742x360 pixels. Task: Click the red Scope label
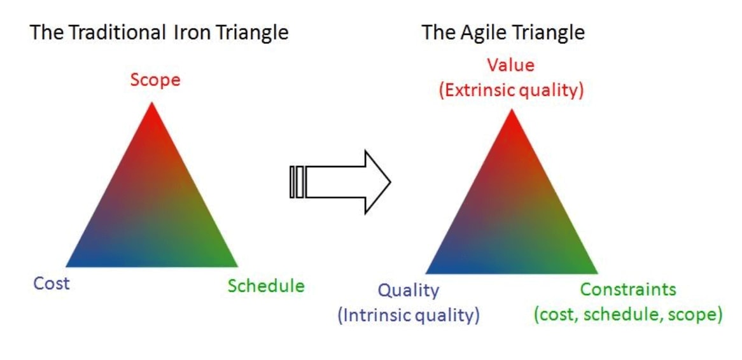tap(155, 80)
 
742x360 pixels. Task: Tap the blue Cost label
tap(51, 284)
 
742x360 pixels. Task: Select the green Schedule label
tap(266, 286)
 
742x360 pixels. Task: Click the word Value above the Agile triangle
tap(511, 65)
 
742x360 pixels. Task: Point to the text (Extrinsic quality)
tap(511, 90)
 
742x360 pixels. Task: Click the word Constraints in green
tap(628, 289)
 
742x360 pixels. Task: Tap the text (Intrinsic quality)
tap(409, 315)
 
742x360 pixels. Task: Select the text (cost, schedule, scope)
tap(628, 315)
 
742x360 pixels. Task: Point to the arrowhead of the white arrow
tap(391, 182)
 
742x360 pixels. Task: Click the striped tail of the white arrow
tap(298, 182)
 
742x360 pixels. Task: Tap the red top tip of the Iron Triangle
tap(152, 102)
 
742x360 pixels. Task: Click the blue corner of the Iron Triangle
tap(66, 267)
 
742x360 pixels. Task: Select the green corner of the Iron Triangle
tap(237, 267)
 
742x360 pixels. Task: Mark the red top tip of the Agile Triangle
tap(512, 109)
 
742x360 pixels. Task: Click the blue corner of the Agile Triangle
tap(426, 273)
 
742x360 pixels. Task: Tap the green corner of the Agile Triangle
tap(597, 273)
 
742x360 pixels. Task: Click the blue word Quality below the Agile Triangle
tap(409, 291)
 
